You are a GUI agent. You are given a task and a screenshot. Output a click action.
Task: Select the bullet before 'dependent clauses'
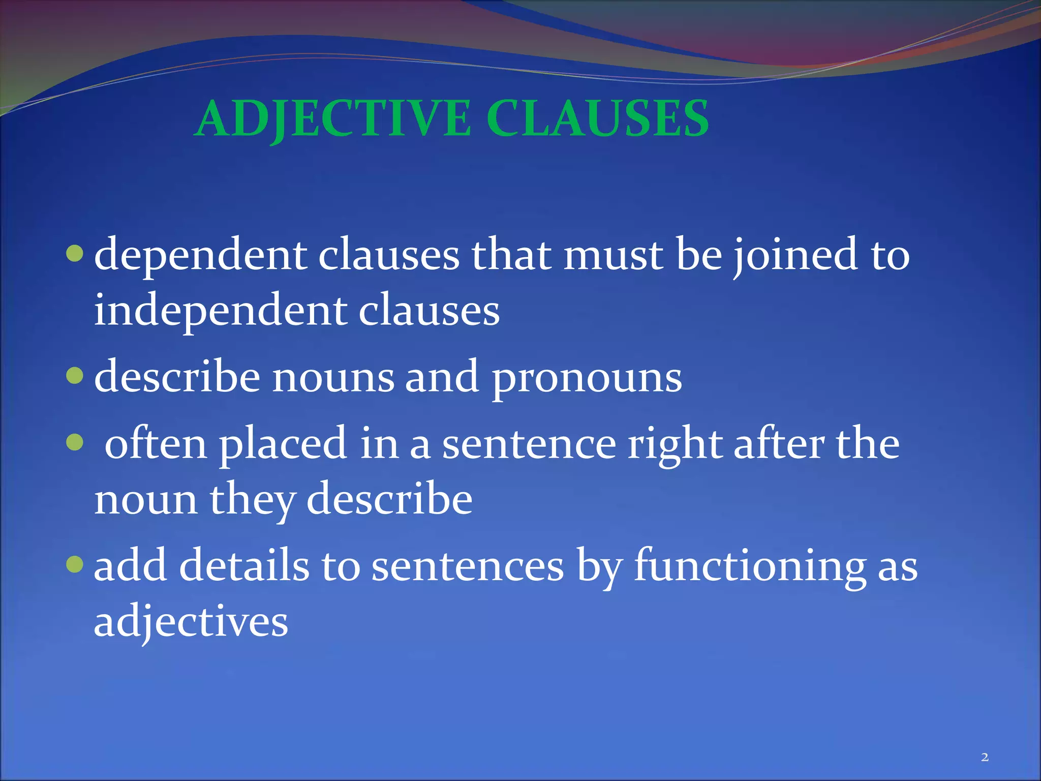point(75,253)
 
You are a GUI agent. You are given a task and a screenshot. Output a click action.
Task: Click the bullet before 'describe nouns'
point(75,376)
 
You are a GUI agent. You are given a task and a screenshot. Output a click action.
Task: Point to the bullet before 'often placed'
point(75,442)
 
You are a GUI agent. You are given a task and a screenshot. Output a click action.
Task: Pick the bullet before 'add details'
point(75,564)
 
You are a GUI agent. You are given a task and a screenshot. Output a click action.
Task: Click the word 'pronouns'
point(587,379)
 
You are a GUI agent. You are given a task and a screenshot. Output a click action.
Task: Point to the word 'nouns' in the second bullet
point(333,379)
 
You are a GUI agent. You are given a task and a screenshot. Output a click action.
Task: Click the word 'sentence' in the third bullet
point(529,445)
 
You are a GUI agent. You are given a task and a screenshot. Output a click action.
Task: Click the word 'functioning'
point(750,567)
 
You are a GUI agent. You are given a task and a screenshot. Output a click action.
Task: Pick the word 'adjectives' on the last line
point(191,623)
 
